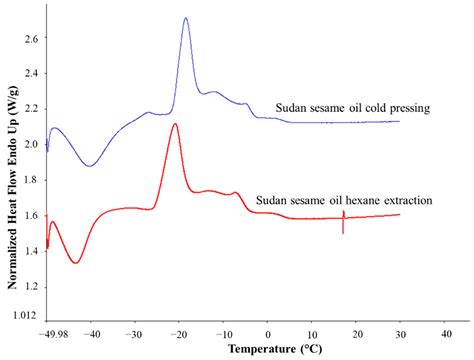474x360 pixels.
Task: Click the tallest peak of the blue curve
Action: pyautogui.click(x=186, y=18)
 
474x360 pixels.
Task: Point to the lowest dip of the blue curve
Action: pyautogui.click(x=90, y=166)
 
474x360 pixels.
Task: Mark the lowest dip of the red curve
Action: pyautogui.click(x=75, y=263)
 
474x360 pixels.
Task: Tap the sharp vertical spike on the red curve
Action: pyautogui.click(x=343, y=222)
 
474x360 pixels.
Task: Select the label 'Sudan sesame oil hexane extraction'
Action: pyautogui.click(x=344, y=200)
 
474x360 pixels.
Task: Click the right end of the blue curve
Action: pyautogui.click(x=399, y=121)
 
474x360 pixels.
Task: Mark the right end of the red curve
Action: pyautogui.click(x=399, y=214)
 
